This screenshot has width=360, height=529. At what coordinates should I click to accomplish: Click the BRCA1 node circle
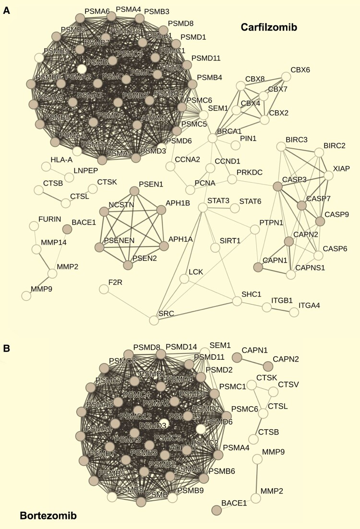(213, 138)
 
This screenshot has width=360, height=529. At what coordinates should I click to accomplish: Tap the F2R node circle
(104, 289)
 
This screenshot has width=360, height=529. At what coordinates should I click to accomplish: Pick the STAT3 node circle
(203, 207)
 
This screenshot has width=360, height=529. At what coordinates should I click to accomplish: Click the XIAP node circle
(328, 176)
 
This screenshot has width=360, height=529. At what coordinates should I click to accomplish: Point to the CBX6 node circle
(286, 77)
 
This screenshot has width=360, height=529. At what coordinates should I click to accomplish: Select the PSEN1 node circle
(134, 191)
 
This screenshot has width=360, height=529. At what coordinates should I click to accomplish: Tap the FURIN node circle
(34, 225)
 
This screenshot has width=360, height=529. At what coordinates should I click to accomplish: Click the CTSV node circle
(273, 392)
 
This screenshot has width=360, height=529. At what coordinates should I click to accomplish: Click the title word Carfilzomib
(269, 28)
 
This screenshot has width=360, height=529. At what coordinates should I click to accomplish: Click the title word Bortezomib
(48, 516)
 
